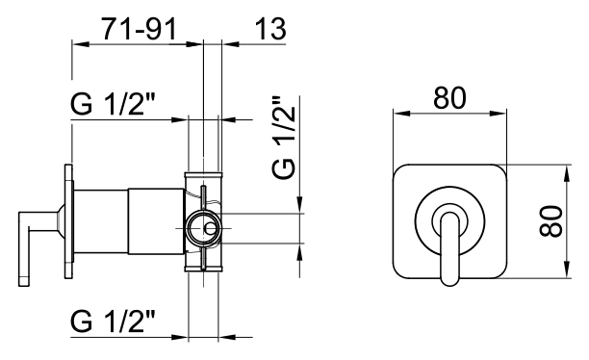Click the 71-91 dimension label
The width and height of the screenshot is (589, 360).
(139, 29)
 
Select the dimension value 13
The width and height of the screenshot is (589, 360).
(270, 29)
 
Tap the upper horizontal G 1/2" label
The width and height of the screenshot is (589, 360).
(113, 104)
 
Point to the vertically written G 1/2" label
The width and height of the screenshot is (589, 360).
(284, 137)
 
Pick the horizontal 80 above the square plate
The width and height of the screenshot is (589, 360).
(449, 98)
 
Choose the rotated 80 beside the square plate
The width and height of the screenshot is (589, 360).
(551, 221)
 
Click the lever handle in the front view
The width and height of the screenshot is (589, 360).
(450, 248)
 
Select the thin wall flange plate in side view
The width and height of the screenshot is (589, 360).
(68, 221)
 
